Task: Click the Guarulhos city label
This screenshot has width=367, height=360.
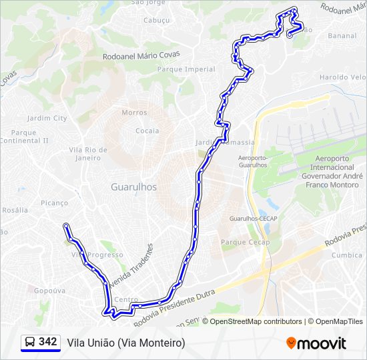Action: point(133,187)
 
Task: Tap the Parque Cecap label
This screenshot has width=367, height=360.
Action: point(245,242)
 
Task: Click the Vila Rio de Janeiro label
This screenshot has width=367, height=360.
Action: point(88,154)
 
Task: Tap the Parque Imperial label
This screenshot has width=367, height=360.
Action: point(186,69)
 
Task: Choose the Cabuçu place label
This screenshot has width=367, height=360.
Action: point(157,20)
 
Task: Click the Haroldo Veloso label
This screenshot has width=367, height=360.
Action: point(343,77)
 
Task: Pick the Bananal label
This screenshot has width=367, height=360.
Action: point(342,35)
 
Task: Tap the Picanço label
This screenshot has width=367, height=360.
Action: point(54,203)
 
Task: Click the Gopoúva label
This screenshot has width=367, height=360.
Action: point(49,291)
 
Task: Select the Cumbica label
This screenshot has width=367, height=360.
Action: point(347,255)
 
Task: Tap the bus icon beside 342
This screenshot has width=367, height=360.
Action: point(30,342)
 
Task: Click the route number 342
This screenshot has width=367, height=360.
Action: point(48,341)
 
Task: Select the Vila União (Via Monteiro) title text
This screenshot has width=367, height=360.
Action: point(125,342)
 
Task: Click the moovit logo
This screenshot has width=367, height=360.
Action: point(316,343)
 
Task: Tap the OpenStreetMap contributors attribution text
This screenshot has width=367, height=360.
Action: point(256,321)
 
